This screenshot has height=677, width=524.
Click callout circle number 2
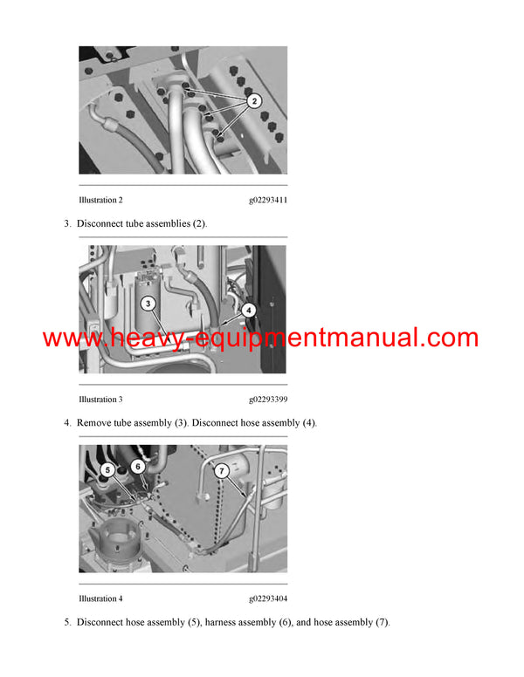pos(253,102)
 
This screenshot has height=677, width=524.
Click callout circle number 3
pos(148,304)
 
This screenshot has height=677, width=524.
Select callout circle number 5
pos(107,468)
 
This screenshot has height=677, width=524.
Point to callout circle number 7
pos(222,469)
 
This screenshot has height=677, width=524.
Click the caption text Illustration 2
pos(100,201)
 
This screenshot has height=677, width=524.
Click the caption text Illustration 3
pos(100,400)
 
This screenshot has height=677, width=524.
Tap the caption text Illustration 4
pos(100,598)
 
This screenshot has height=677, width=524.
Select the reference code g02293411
pos(268,201)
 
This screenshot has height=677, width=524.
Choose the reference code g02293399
pos(268,400)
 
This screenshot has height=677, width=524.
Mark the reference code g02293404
pos(268,598)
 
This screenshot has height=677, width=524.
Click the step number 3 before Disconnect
pos(66,223)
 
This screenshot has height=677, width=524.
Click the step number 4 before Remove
pos(66,423)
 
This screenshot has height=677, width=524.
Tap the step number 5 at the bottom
pos(66,622)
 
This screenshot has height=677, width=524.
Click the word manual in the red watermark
pos(385,338)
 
